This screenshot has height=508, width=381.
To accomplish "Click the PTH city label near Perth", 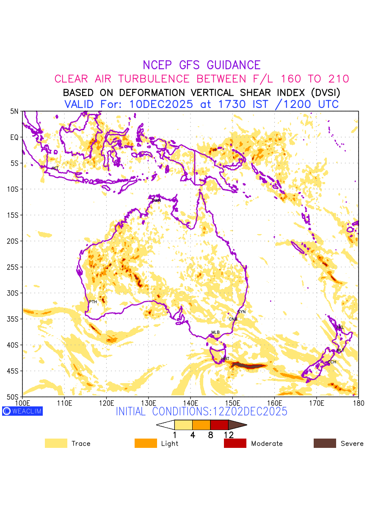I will pos(93,302).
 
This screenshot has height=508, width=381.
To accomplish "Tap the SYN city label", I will pos(241,312).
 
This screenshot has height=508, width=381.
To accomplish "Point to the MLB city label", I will pos(215,333).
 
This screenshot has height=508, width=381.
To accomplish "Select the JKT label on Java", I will pos(55,168).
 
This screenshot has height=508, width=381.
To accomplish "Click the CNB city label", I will pos(233,319).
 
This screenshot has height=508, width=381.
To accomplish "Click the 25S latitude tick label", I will pos(14,267).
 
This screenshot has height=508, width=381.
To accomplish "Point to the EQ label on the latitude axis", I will pos(15,137).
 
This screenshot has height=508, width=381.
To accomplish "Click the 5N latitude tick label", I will pos(15,111).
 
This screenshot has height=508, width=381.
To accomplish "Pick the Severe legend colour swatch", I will pos(325,443).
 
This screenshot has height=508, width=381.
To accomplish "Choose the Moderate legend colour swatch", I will pos(235,443).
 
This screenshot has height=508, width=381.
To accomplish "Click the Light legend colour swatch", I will pos(146,443).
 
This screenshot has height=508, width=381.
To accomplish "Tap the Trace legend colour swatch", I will pos(56,443).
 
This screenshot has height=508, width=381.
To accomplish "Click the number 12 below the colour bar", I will pos(229,435).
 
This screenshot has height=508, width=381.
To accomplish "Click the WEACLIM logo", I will pos(22,411).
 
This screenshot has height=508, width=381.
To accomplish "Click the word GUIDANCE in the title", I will pos(234,65).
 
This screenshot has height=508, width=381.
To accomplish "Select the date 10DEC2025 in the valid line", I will pos(163,104).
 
